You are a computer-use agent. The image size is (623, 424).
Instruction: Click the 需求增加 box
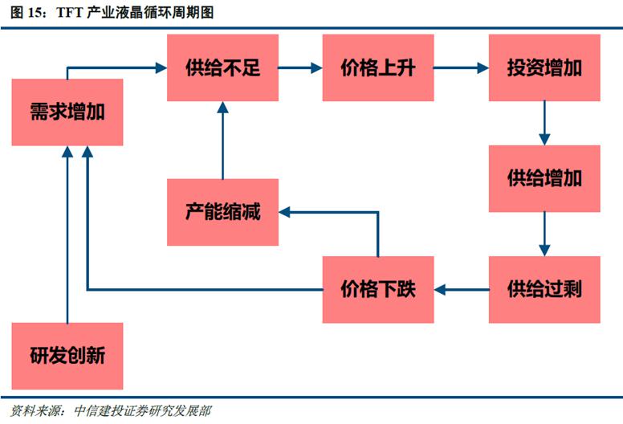coord(67,112)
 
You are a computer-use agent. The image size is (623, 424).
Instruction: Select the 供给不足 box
coord(222,67)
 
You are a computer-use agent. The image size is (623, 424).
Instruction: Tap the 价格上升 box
coord(378,67)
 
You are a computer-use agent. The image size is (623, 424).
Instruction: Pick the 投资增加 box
coord(544,67)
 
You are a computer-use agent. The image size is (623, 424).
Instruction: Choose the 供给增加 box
coord(544,178)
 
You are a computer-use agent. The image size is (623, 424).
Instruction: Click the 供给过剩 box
coord(544,289)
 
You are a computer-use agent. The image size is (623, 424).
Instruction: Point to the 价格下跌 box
coord(378,289)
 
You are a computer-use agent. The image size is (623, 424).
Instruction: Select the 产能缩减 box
coord(222,212)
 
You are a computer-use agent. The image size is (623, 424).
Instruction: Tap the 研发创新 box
coord(67,356)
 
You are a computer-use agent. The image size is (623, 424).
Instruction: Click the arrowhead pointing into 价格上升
coord(316,68)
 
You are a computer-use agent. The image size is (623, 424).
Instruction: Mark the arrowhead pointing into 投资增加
coord(483,68)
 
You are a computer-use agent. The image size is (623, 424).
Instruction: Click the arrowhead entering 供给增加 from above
coord(544,140)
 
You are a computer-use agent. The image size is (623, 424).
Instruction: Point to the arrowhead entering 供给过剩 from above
coord(544,251)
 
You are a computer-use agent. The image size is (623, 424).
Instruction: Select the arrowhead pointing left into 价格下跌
coord(439,290)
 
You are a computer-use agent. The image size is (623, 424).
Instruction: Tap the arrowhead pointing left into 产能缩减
coord(284,212)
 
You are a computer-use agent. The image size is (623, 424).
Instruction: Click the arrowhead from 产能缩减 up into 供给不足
coord(222,107)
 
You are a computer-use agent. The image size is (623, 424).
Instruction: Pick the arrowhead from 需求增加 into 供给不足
coord(161,68)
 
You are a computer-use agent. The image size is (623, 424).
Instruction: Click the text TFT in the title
coord(70,13)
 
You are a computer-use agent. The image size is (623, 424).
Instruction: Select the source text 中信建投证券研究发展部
coord(143,411)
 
